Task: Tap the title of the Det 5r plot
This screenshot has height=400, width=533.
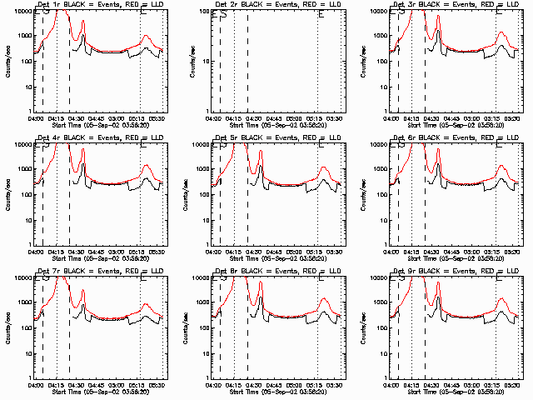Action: (x=277, y=137)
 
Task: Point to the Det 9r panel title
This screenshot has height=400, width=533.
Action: (x=455, y=270)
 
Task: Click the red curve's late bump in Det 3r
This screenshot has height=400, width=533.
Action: (x=501, y=33)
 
